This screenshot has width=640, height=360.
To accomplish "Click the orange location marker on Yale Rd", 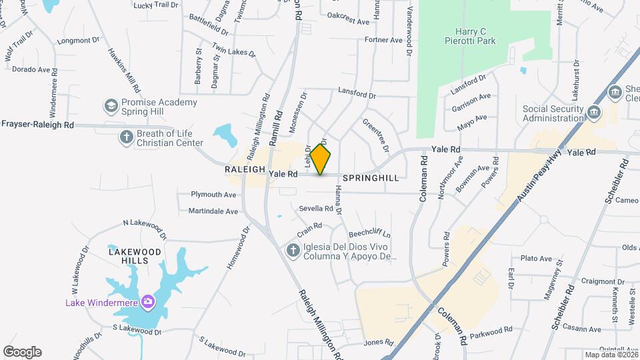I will (x=320, y=159).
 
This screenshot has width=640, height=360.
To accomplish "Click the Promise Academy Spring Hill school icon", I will (x=111, y=106).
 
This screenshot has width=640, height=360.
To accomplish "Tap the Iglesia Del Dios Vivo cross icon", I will (x=292, y=251).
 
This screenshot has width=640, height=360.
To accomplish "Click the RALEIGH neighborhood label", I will (x=245, y=170).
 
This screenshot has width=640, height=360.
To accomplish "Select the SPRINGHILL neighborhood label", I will (x=371, y=179).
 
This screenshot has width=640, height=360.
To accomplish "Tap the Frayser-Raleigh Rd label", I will (x=37, y=124).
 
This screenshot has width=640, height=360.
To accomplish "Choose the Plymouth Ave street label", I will (x=214, y=195).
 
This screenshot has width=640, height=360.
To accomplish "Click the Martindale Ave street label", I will (x=213, y=211).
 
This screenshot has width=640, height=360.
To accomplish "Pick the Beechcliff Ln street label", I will (x=369, y=235).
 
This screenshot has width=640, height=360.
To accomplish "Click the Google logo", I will (x=22, y=352).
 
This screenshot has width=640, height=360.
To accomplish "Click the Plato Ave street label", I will (x=536, y=259).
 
